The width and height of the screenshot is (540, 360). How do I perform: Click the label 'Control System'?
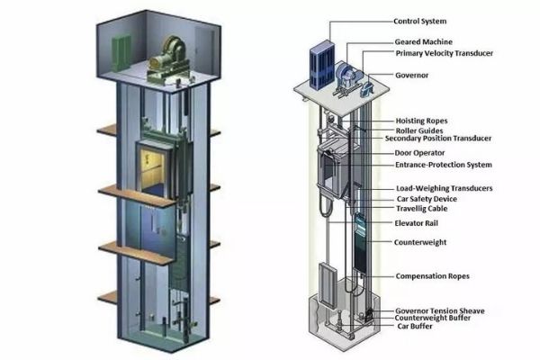(x=419, y=22)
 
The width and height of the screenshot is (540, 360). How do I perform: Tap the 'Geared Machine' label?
(x=424, y=42)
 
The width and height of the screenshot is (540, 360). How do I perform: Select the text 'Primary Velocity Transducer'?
(x=445, y=53)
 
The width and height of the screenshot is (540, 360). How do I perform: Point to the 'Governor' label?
(x=412, y=75)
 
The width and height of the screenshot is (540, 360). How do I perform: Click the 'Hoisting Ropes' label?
(x=421, y=121)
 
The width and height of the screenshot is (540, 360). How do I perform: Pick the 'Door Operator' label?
(x=419, y=153)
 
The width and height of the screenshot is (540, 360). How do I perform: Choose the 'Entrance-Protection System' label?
(x=444, y=165)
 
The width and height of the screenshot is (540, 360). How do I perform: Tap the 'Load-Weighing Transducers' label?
(x=445, y=188)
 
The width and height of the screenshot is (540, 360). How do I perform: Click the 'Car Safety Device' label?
(x=427, y=199)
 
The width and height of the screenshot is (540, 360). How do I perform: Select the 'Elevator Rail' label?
(x=417, y=223)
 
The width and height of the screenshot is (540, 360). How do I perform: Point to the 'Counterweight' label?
(x=420, y=242)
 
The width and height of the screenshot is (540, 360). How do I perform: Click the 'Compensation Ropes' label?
(x=433, y=276)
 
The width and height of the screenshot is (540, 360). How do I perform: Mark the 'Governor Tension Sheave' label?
(x=440, y=311)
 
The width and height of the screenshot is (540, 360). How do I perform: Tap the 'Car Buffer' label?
(x=415, y=326)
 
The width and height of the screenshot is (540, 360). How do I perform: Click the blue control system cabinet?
(x=322, y=65)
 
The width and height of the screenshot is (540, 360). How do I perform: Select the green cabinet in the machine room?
(x=121, y=53)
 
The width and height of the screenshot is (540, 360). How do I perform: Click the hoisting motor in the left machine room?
(x=169, y=58)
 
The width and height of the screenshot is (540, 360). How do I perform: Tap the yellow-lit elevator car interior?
(x=151, y=169)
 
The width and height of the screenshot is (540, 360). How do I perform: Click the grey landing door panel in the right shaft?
(x=327, y=284)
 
